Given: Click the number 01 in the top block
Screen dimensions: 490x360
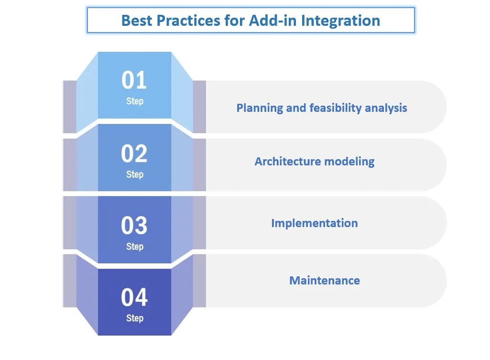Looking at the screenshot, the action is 134,80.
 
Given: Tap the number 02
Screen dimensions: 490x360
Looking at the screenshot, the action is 134,153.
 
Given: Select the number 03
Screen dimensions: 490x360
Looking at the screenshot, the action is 134,225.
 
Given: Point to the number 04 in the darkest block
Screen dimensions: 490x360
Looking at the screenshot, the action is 134,297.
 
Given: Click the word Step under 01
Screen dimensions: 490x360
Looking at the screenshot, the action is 135,101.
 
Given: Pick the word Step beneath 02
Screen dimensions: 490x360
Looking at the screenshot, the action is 135,175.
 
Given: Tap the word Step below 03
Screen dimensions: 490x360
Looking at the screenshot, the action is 135,247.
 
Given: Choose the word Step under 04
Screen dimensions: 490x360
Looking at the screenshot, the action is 135,318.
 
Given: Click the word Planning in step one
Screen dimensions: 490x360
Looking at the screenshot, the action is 260,108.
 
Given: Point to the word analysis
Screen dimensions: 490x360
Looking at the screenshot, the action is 386,108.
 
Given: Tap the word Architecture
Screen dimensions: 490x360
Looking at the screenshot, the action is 288,162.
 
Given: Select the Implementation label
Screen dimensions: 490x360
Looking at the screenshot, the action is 315,223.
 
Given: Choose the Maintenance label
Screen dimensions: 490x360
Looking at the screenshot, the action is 325,281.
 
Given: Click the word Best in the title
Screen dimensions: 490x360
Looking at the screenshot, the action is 137,21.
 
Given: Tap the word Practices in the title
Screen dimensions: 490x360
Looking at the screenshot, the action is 188,21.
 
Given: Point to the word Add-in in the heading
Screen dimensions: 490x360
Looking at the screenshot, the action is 273,21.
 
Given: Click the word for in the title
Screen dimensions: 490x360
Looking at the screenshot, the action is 235,21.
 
